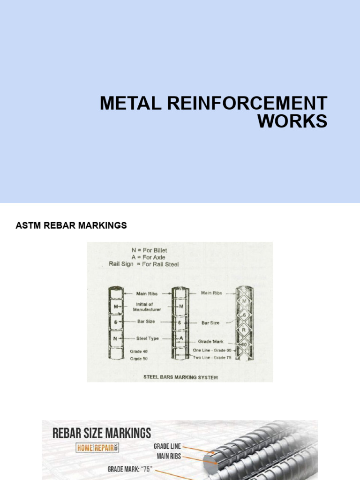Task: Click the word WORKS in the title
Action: click(x=292, y=121)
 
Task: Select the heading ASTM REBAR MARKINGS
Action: click(x=71, y=225)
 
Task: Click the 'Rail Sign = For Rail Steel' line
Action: click(x=143, y=264)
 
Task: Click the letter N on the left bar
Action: click(x=115, y=338)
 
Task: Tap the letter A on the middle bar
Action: click(x=180, y=338)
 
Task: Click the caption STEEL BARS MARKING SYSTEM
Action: click(x=180, y=377)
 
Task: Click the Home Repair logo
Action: click(x=97, y=448)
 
